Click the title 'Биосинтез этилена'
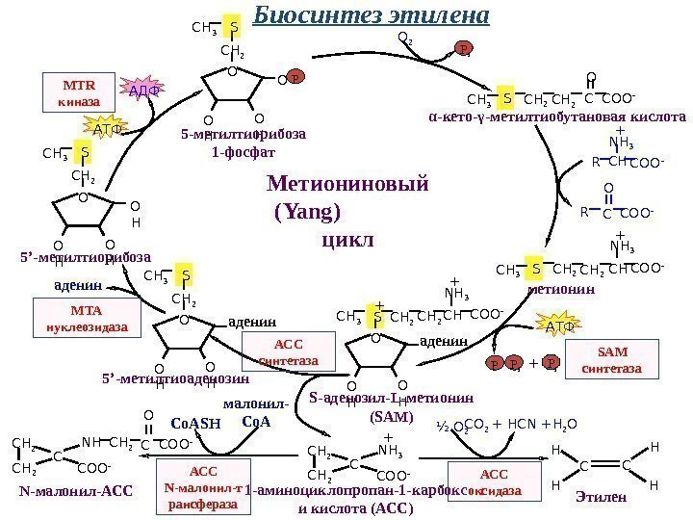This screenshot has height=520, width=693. [372, 16]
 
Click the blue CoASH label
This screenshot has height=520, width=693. [195, 423]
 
